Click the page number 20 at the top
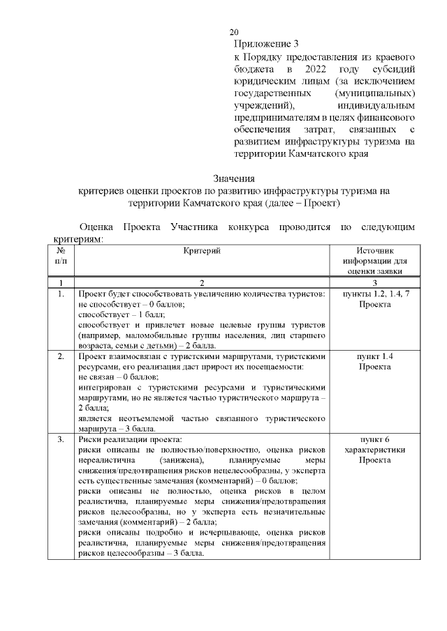(x=234, y=33)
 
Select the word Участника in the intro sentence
(x=194, y=228)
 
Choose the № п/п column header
(x=61, y=255)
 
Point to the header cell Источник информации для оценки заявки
(x=375, y=261)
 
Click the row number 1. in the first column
(x=61, y=295)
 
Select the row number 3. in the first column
(x=61, y=440)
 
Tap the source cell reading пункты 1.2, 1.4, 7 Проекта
(x=375, y=301)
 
